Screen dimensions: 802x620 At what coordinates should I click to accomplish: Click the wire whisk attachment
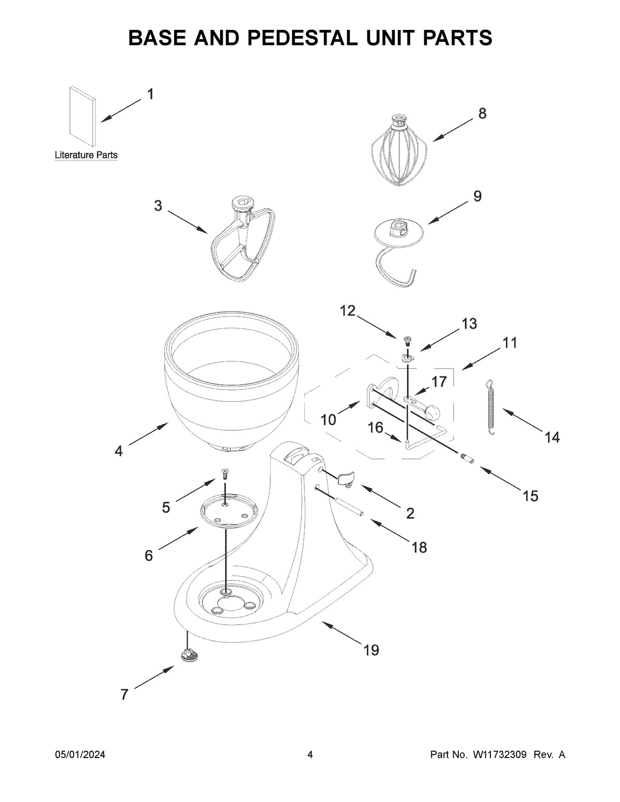(x=400, y=152)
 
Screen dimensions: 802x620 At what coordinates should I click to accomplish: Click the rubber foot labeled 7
(x=190, y=655)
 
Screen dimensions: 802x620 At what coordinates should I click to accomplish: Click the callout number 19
(x=371, y=650)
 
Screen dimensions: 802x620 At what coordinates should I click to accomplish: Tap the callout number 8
(x=482, y=114)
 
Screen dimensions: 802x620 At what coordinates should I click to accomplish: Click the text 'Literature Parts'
(x=86, y=155)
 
